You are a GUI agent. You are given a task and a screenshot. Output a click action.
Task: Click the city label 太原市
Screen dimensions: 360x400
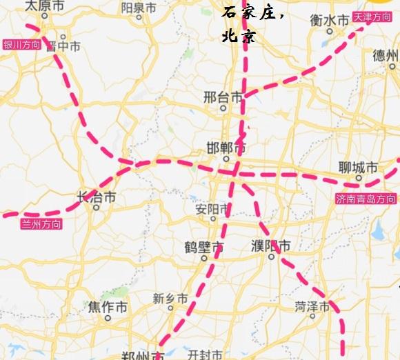(x=44, y=6)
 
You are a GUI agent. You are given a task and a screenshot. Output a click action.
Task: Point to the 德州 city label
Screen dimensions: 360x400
(x=386, y=55)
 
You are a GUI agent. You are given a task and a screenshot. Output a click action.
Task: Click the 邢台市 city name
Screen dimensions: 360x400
(x=223, y=97)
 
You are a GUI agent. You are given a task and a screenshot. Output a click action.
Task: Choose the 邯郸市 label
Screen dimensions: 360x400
(x=226, y=148)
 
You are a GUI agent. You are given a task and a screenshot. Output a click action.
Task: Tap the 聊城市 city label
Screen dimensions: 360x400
(x=359, y=167)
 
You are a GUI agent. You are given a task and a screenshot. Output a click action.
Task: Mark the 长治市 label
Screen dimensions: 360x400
(x=96, y=198)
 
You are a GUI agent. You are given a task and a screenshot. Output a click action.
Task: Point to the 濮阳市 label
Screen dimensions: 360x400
(x=270, y=246)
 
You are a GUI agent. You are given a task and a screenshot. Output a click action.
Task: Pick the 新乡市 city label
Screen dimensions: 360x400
(x=170, y=299)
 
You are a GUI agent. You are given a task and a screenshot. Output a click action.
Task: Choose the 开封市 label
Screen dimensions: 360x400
(x=208, y=354)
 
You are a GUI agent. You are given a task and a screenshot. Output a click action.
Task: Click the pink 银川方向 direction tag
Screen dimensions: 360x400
(x=22, y=46)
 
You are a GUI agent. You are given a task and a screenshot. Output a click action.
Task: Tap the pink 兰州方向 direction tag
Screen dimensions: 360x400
(x=41, y=224)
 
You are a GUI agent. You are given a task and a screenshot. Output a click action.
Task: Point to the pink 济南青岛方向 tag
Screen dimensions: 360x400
(x=365, y=199)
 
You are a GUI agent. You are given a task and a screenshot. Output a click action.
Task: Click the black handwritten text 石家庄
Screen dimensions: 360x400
(x=252, y=12)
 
